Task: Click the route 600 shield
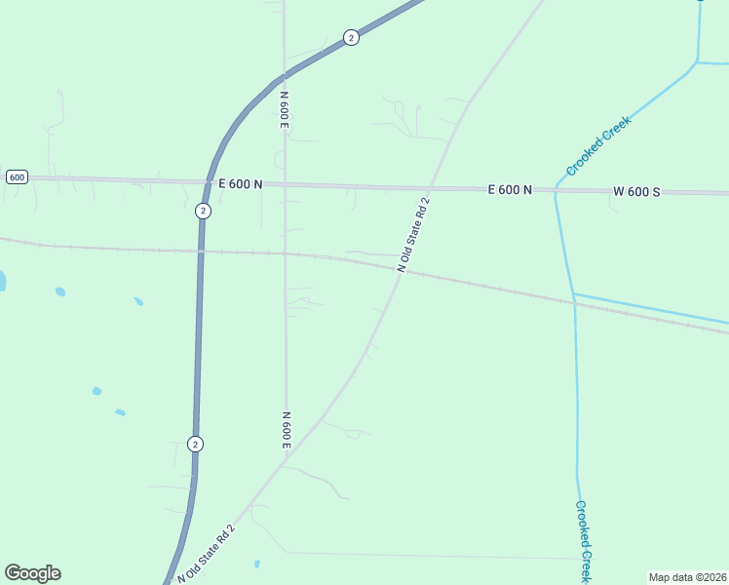[16, 176]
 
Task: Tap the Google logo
[32, 573]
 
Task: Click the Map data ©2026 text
[688, 577]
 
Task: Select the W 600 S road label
[636, 192]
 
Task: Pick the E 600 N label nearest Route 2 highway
[241, 183]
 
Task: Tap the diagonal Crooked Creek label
[598, 146]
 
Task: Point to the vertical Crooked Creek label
[582, 542]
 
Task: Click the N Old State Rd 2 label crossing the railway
[413, 234]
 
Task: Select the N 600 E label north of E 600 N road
[285, 110]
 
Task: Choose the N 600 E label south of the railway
[287, 430]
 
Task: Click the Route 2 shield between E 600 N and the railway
[202, 211]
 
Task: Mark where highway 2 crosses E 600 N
[207, 182]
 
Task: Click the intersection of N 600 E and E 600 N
[285, 183]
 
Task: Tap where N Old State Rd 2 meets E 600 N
[430, 187]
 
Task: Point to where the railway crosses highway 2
[201, 252]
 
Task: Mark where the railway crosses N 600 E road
[285, 253]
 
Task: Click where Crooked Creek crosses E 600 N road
[556, 191]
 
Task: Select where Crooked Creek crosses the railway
[574, 302]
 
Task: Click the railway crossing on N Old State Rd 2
[401, 271]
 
